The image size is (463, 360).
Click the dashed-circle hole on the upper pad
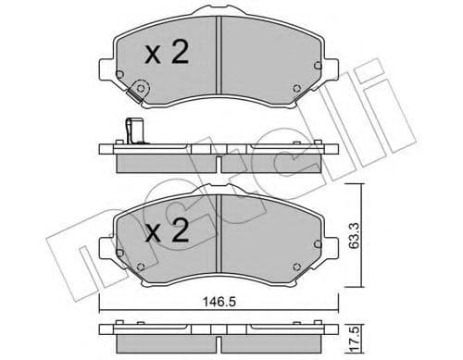[x=142, y=91]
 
